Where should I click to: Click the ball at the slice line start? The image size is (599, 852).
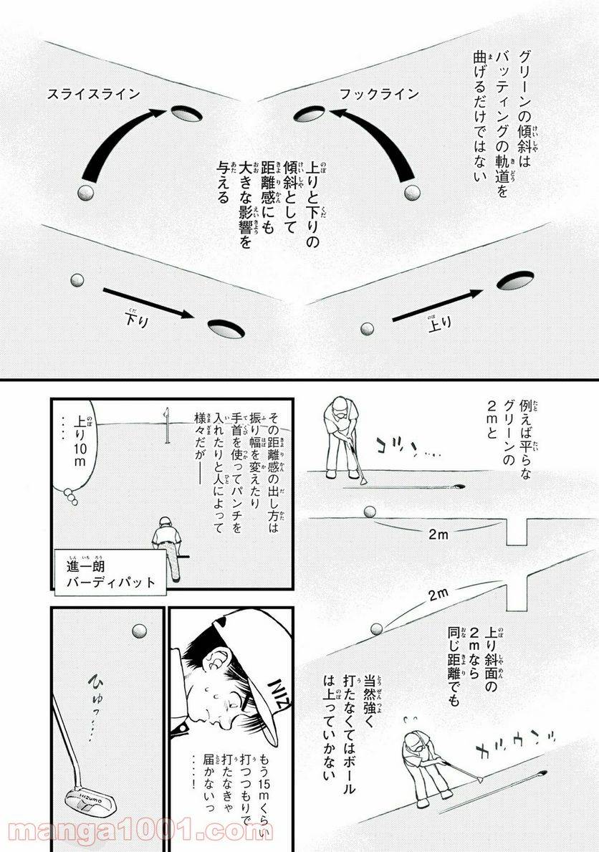(85, 193)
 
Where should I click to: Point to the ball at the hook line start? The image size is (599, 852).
(412, 193)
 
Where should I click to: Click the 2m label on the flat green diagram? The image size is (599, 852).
(439, 534)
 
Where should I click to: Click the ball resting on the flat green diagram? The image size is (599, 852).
(370, 512)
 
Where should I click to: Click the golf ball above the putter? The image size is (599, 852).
(139, 631)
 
